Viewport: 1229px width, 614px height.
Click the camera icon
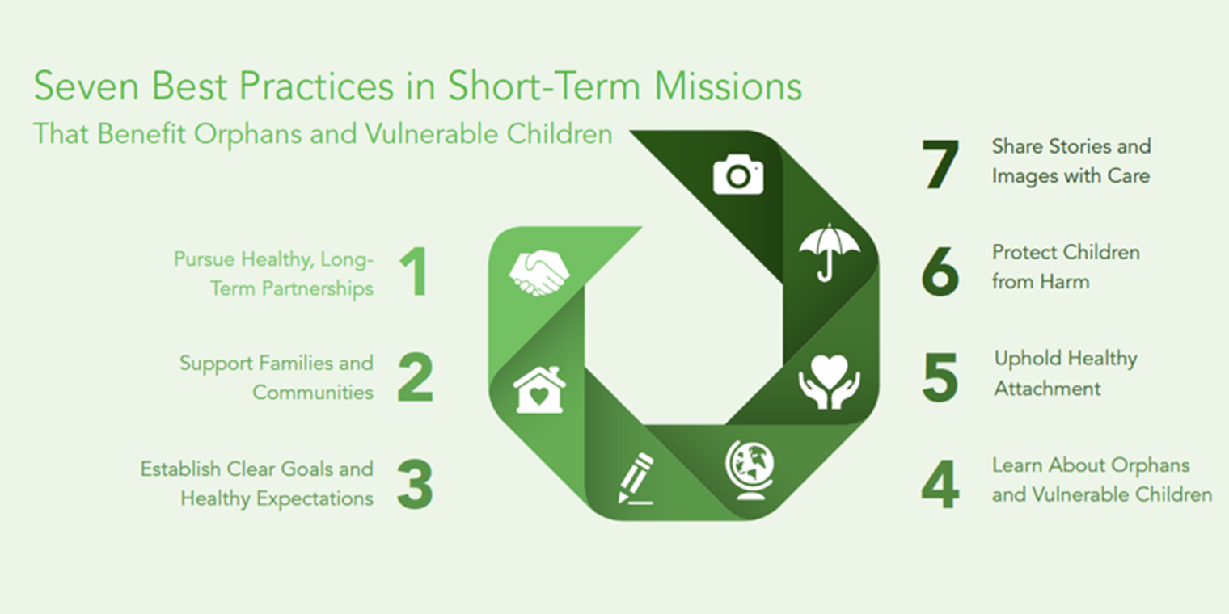point(738,174)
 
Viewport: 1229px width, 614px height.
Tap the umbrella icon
point(829,251)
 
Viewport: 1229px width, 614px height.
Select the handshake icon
point(538,272)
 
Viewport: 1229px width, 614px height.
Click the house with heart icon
point(539,389)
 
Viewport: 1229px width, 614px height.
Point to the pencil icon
point(636,478)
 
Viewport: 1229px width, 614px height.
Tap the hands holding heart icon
point(829,382)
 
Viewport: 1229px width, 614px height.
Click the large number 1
point(414,272)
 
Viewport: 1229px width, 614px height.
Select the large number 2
point(416,378)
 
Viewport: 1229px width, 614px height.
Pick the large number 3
point(416,484)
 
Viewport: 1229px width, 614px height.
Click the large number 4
point(940,484)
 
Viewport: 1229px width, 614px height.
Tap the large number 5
point(940,378)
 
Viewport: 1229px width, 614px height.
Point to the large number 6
point(940,272)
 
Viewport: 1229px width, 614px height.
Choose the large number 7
point(940,165)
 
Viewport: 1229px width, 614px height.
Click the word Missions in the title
point(728,86)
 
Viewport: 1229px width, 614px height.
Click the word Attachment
point(1047,389)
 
